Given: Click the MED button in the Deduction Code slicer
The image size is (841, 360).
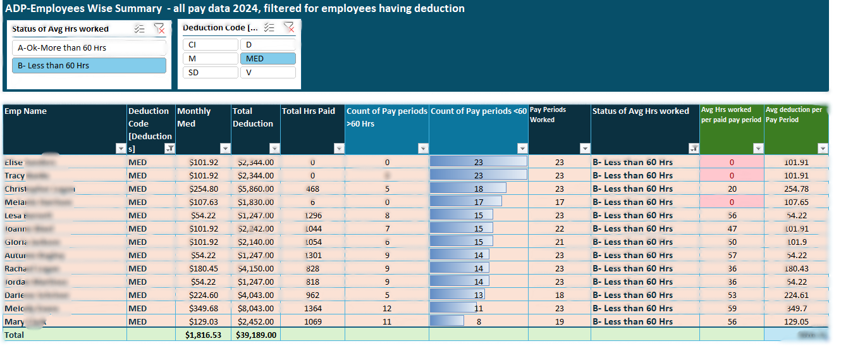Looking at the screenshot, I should (x=267, y=58).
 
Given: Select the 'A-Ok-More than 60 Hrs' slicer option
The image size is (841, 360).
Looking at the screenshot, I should (x=89, y=47).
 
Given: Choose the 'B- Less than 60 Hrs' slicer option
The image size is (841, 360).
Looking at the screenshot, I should (x=89, y=65).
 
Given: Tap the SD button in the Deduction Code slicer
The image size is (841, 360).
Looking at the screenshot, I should (x=210, y=72).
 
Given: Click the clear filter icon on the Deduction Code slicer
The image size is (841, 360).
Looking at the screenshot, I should (x=288, y=27).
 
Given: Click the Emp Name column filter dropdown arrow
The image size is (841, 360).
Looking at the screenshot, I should (x=121, y=148).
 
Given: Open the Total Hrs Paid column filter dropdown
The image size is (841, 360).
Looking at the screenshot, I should (x=339, y=148).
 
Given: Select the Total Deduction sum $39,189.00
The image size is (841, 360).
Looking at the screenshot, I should (x=255, y=335).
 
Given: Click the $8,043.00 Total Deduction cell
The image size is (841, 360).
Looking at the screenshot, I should (x=255, y=308).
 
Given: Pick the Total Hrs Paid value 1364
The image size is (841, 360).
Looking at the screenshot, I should (x=312, y=308).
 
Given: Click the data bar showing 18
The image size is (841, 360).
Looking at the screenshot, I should (x=468, y=189).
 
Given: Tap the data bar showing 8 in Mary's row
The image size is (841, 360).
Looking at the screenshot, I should (x=447, y=321).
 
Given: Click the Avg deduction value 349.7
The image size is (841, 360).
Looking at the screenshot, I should (x=795, y=308).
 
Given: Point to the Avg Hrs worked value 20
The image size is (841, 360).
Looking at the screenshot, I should (x=732, y=189).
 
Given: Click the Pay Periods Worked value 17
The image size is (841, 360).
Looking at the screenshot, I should (x=559, y=202).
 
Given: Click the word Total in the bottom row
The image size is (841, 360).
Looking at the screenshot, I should (x=15, y=335).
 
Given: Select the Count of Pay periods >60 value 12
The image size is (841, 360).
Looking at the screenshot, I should (x=387, y=308).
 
